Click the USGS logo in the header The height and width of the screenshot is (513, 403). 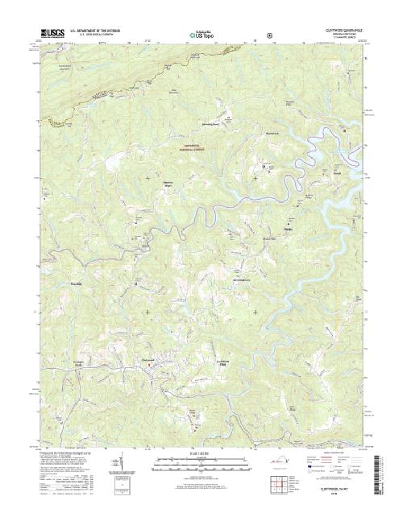[48, 35]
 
